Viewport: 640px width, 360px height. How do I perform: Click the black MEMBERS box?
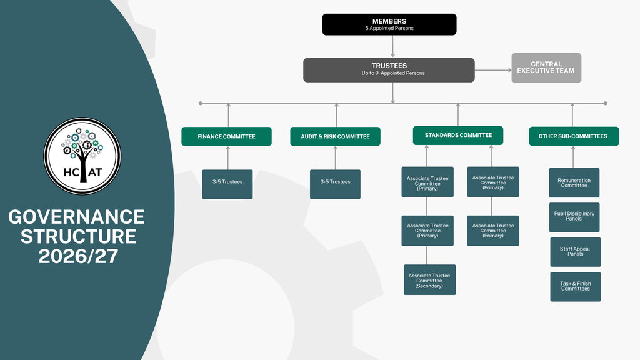coord(389,24)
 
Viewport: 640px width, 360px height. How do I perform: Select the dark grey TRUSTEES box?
coord(389,70)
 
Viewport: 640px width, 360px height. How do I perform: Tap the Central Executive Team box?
coord(546,67)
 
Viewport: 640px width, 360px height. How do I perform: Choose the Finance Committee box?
coord(226,136)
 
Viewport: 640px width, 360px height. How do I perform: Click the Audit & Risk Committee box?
coord(335,136)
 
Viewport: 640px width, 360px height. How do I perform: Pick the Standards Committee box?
coord(458,135)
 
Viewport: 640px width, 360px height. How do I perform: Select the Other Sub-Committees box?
coord(574,136)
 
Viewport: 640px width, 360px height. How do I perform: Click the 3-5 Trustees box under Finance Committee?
coord(227,184)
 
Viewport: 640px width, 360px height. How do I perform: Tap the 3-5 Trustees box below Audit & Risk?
coord(335,184)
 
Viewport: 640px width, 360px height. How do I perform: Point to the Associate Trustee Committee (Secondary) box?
coord(430,279)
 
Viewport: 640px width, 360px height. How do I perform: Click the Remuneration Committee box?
coord(574,183)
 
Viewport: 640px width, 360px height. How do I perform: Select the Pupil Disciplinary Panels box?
coord(574,217)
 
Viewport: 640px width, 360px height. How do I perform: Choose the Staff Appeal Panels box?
coord(575,252)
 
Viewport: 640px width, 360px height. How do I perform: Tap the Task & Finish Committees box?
coord(575,286)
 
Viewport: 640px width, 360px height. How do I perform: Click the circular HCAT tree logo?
coord(82,156)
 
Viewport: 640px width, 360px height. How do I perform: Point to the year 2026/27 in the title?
coord(78,256)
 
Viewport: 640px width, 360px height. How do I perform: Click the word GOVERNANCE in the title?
coord(76,217)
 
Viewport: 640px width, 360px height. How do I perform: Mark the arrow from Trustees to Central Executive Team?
coord(493,70)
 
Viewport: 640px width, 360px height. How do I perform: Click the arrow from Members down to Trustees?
coord(392,46)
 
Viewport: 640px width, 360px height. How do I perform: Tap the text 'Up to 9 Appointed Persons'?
coord(393,73)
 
